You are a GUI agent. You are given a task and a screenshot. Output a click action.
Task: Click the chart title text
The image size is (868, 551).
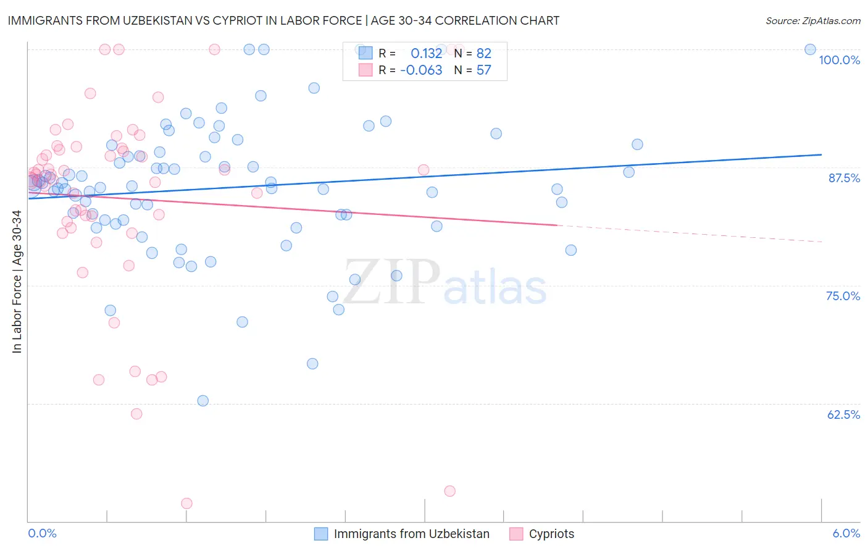tap(283, 20)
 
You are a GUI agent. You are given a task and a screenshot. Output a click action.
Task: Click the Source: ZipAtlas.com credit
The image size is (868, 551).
tap(812, 21)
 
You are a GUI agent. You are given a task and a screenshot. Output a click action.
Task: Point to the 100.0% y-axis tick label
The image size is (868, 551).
tap(839, 60)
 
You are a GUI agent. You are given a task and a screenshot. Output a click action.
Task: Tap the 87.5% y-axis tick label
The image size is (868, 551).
tap(844, 178)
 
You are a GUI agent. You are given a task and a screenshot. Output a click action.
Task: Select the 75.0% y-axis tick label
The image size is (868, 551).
tap(843, 296)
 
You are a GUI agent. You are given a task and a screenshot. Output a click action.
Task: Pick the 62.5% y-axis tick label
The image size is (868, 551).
tap(843, 414)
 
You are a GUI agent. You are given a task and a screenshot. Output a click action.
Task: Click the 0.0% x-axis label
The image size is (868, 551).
tap(42, 533)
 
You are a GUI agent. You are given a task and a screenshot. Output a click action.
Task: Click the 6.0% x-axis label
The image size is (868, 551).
tap(846, 533)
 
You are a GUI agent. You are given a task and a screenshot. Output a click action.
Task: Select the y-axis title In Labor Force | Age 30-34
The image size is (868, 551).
tap(17, 282)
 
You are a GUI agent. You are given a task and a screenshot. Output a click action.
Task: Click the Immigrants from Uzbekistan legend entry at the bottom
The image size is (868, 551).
tap(411, 534)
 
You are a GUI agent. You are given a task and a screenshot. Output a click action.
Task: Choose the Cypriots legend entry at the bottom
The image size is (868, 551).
tap(551, 534)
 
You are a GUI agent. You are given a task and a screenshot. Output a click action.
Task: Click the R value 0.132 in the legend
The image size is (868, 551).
tap(426, 53)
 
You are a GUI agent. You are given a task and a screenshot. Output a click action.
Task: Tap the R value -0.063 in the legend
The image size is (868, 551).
tap(421, 70)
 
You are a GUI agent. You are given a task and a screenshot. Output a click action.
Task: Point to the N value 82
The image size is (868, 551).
tap(483, 53)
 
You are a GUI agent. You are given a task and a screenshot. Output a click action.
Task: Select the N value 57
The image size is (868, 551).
tap(483, 70)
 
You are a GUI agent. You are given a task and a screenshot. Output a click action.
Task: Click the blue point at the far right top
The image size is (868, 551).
tap(810, 49)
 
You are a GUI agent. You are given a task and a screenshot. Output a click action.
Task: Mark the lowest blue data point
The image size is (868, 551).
tap(202, 401)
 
